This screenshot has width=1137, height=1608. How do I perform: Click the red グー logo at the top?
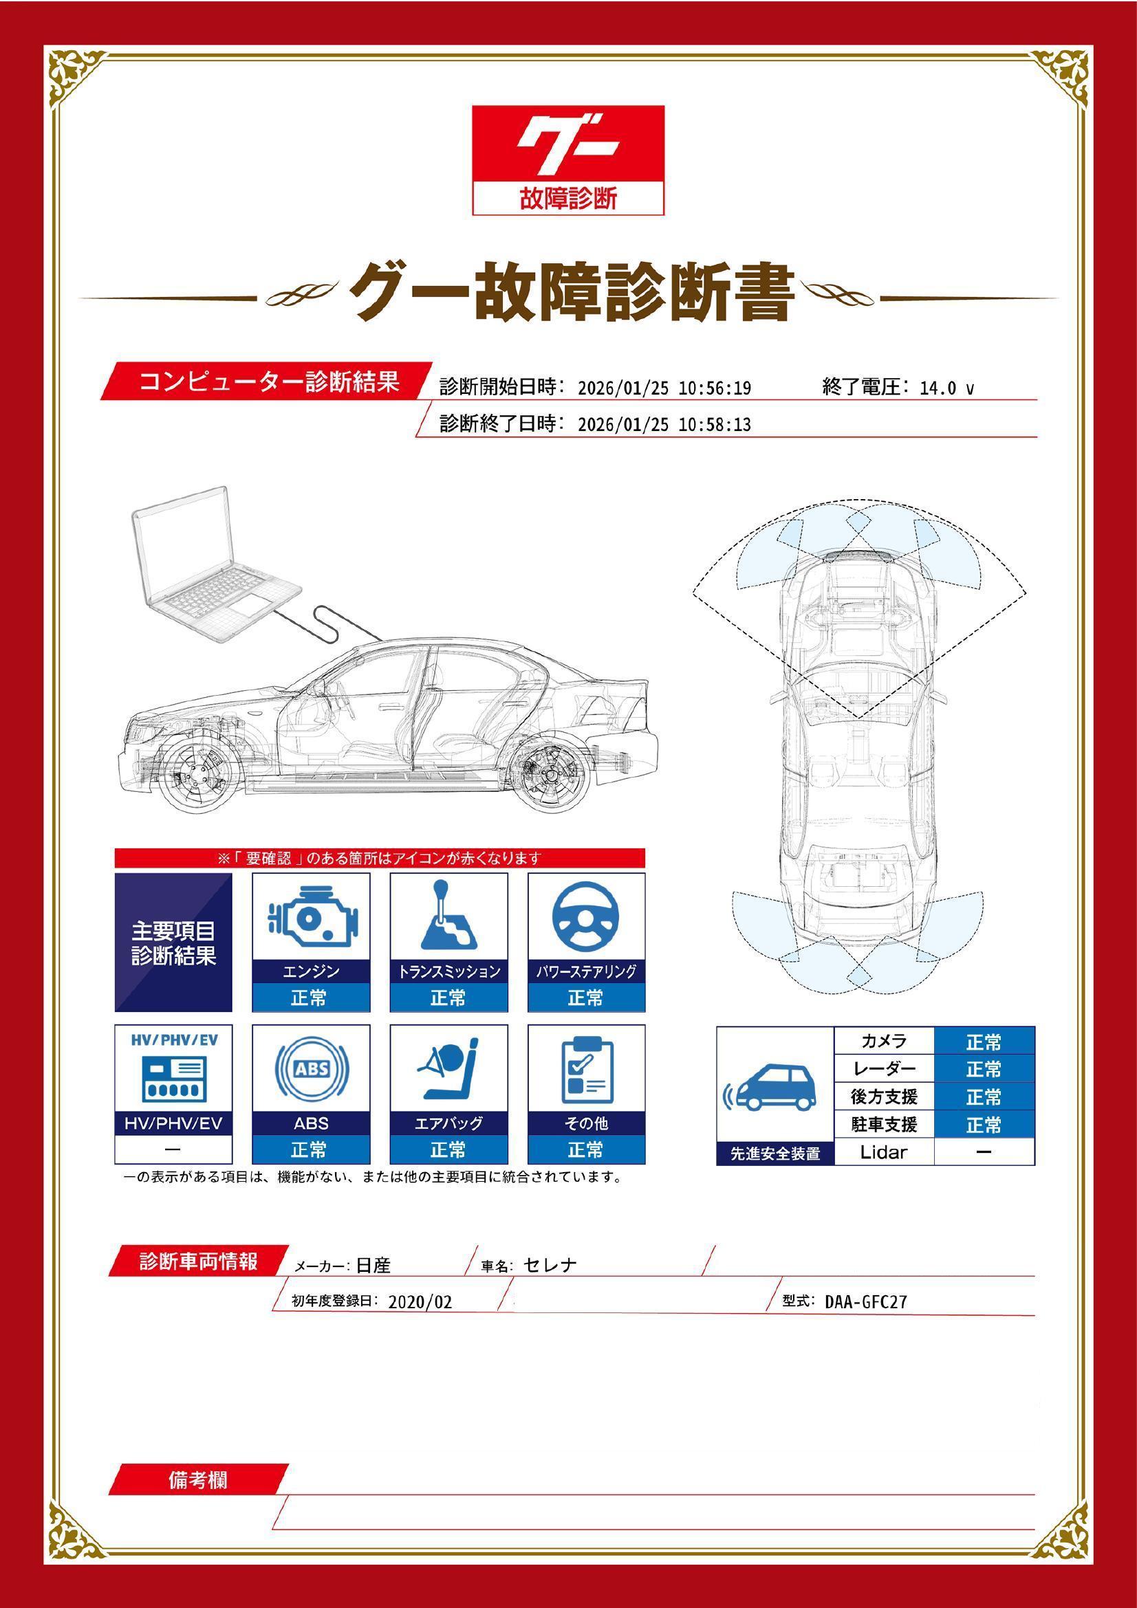[567, 144]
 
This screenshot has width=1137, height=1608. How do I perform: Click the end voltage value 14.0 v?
[946, 388]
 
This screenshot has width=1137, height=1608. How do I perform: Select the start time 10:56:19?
[715, 388]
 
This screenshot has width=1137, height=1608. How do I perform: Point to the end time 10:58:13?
[715, 424]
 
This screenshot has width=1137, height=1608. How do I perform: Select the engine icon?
[310, 916]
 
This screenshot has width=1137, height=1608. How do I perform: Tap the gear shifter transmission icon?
[448, 915]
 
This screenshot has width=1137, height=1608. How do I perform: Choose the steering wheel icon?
[585, 916]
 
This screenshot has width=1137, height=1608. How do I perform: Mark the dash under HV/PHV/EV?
[173, 1149]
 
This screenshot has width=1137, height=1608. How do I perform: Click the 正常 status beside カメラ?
[984, 1042]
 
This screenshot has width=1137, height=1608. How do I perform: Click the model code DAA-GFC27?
[865, 1302]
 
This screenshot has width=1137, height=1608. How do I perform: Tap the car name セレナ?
[550, 1265]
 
